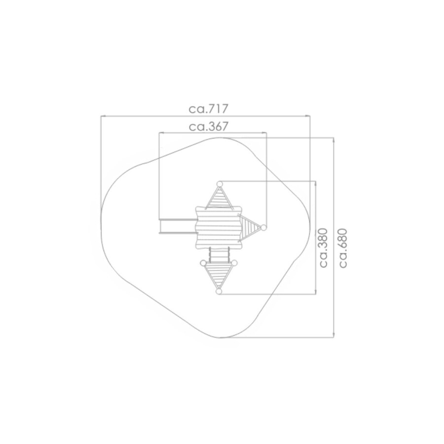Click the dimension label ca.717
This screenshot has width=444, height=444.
(208, 109)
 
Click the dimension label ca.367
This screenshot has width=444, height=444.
(208, 127)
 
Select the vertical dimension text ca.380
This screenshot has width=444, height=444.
(323, 248)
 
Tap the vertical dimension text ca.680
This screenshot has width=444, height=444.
(343, 248)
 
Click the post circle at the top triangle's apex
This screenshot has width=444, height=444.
(220, 184)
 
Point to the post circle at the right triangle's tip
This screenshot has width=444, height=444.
(263, 227)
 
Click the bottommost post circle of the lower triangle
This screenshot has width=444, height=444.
(219, 291)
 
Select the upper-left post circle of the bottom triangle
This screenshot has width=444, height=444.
(203, 263)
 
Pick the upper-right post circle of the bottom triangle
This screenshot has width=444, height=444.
(234, 263)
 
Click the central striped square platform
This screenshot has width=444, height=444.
(219, 227)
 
